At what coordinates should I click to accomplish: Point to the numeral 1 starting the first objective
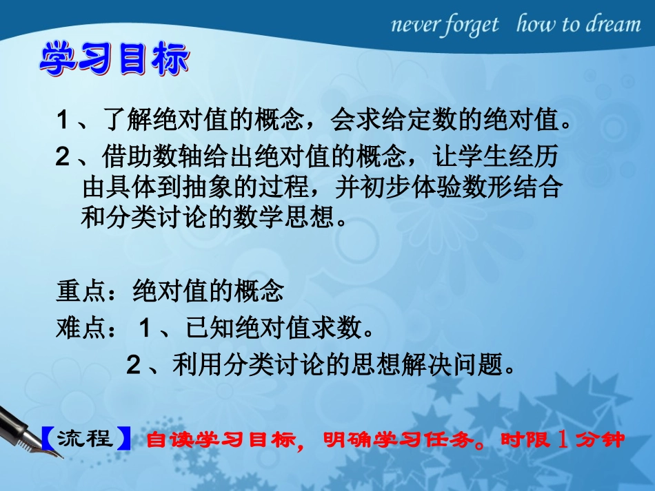point(63,121)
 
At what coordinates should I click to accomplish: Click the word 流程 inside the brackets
point(85,438)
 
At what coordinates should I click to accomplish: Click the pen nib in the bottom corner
point(21,434)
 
